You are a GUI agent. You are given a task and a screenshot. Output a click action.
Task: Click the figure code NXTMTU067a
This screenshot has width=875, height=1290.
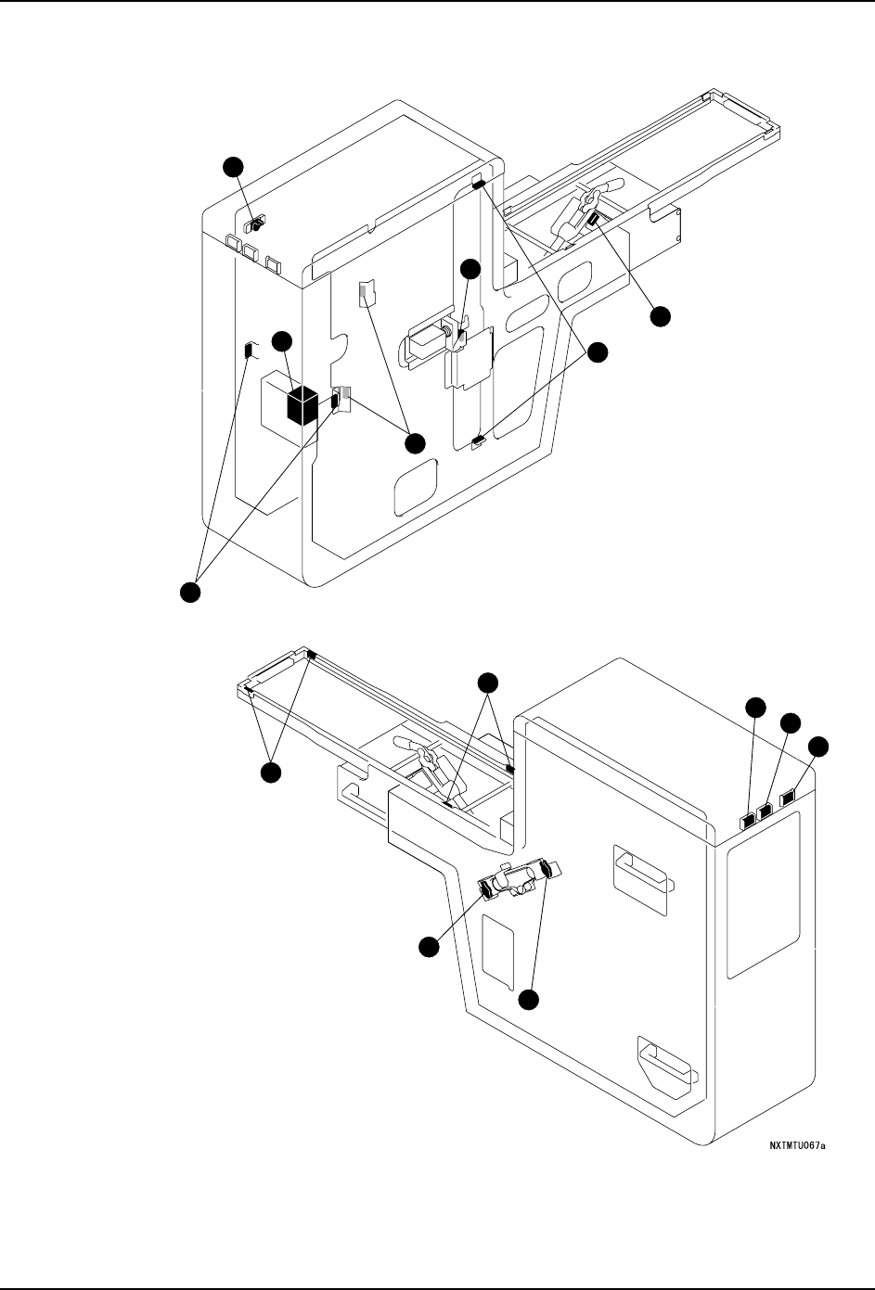(x=797, y=1145)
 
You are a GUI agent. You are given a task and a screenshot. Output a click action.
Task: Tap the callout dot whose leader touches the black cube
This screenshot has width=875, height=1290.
(x=282, y=342)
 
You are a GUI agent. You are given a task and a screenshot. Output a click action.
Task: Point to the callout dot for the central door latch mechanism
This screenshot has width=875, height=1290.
(x=471, y=269)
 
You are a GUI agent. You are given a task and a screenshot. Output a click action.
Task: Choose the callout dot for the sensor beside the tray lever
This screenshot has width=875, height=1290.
(x=659, y=316)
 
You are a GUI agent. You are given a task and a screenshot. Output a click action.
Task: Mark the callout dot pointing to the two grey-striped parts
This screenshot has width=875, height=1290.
(x=414, y=443)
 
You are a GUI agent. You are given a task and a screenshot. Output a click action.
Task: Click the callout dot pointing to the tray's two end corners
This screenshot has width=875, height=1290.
(x=270, y=773)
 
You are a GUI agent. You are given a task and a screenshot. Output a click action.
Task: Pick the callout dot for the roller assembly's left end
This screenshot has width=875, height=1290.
(x=427, y=946)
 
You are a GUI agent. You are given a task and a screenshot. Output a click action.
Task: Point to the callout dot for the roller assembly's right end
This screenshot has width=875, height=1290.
(x=528, y=1000)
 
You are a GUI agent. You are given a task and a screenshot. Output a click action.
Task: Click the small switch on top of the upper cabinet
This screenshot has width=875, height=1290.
(x=253, y=224)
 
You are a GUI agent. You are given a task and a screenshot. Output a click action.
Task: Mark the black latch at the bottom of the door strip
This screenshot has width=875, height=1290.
(x=479, y=441)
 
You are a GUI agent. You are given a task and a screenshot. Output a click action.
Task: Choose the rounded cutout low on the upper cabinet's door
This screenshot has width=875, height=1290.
(x=415, y=491)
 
